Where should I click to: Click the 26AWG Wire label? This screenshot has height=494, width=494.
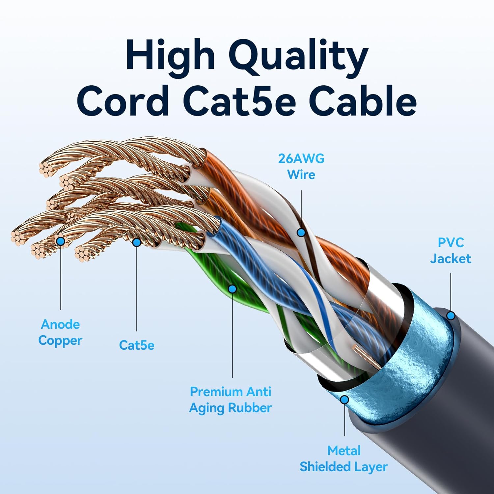coord(301,166)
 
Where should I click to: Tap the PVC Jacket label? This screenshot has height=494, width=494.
coord(451,250)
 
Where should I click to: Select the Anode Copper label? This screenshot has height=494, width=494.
coord(60,332)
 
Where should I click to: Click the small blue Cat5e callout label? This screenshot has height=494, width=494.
coord(136,345)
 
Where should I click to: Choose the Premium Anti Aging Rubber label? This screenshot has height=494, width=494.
coord(231,399)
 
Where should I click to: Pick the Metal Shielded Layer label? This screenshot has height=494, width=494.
coord(343,458)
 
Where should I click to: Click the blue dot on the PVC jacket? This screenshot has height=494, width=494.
coord(451,316)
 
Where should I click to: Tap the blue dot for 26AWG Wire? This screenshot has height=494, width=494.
coord(301,233)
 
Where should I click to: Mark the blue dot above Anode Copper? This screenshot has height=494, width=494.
coord(61,241)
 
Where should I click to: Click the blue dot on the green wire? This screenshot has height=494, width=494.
coord(232,289)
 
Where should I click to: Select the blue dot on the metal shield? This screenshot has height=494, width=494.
coord(344,400)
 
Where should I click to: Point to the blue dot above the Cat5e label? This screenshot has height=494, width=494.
coord(136,242)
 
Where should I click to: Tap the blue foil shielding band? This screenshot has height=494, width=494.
coord(422,356)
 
